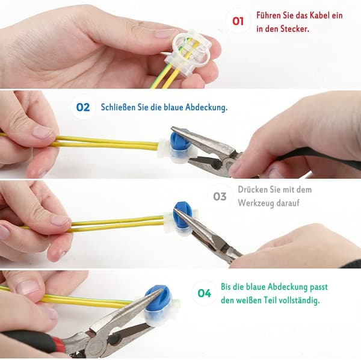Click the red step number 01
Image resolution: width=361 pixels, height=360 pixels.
pyautogui.click(x=238, y=21)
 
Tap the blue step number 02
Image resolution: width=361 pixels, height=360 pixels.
pyautogui.click(x=83, y=107)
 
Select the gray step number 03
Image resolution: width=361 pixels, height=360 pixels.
pyautogui.click(x=220, y=196)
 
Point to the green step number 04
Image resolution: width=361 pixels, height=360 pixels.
pyautogui.click(x=204, y=293)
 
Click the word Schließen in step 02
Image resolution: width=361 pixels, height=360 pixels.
pyautogui.click(x=118, y=107)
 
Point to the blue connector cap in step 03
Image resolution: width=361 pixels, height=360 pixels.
pyautogui.click(x=183, y=214)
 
